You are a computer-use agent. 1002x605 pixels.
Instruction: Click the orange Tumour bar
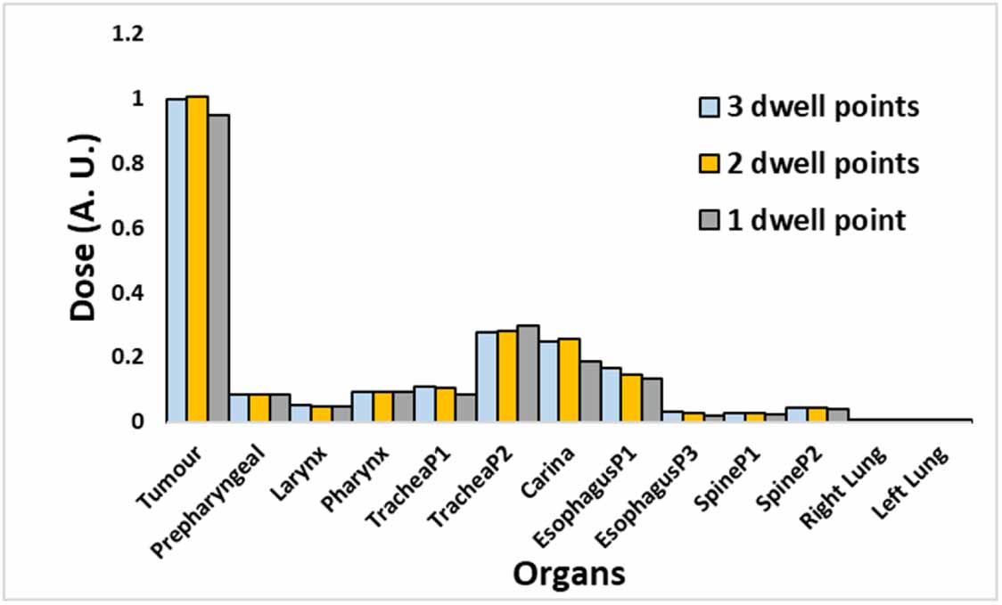[x=198, y=258]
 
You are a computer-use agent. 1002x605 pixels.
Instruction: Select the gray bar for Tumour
[x=218, y=267]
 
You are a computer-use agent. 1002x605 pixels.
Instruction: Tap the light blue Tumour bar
[x=177, y=260]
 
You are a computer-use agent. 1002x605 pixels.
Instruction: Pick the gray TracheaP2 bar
[x=528, y=373]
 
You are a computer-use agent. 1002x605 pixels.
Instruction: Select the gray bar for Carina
[x=590, y=391]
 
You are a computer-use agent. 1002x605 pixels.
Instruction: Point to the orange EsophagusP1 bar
[x=632, y=397]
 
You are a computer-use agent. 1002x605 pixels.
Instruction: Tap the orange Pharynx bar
[x=383, y=406]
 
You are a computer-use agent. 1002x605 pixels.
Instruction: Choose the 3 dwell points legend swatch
[x=710, y=108]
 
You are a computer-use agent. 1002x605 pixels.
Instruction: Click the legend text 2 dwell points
[x=824, y=164]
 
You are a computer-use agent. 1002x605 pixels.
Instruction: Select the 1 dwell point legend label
[x=817, y=221]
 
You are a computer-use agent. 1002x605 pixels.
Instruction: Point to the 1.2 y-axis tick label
[x=127, y=34]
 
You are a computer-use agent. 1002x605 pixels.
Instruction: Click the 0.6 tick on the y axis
[x=127, y=228]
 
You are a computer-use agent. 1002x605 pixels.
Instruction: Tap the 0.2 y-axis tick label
[x=127, y=357]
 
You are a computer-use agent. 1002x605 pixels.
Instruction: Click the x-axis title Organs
[x=570, y=574]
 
